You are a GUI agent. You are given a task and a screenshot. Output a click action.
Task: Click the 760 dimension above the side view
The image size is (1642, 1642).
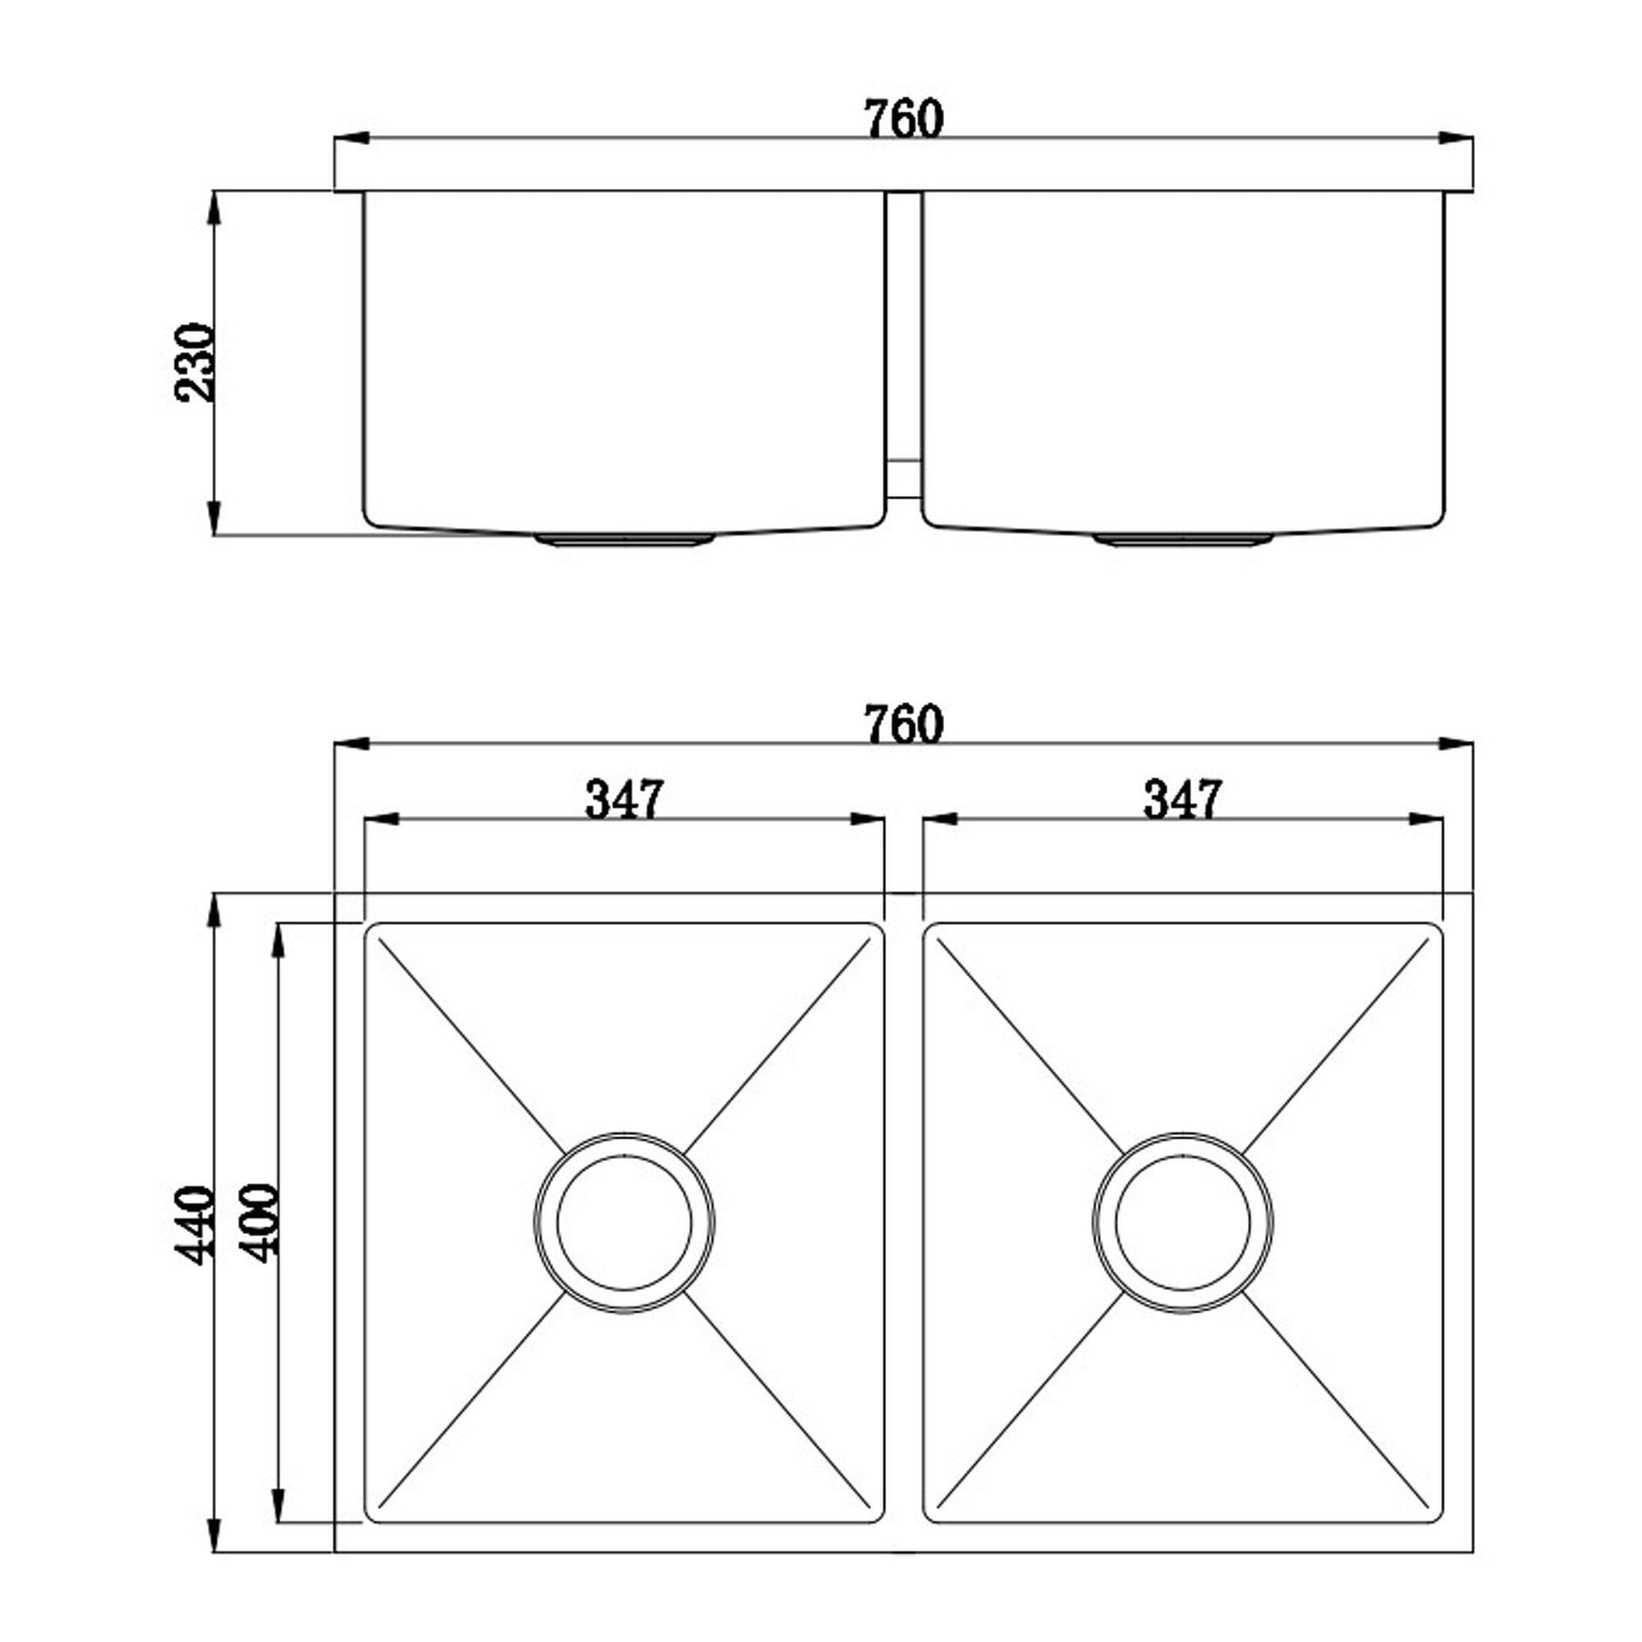pos(903,120)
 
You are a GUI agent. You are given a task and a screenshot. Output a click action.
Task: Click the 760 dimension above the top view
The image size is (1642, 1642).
pos(903,725)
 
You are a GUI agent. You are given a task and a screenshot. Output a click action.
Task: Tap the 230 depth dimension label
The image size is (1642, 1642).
pos(193,361)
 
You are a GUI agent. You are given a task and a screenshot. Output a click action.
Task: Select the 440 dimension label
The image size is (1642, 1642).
pos(193,1223)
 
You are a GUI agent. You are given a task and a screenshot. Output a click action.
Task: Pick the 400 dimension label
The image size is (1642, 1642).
pos(257,1222)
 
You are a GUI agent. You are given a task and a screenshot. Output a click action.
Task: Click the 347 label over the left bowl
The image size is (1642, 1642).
pos(624,799)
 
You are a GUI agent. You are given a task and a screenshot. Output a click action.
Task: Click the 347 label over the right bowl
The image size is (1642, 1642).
pos(1182,799)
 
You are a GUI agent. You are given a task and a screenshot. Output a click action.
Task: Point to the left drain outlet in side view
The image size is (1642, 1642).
pos(624,540)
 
